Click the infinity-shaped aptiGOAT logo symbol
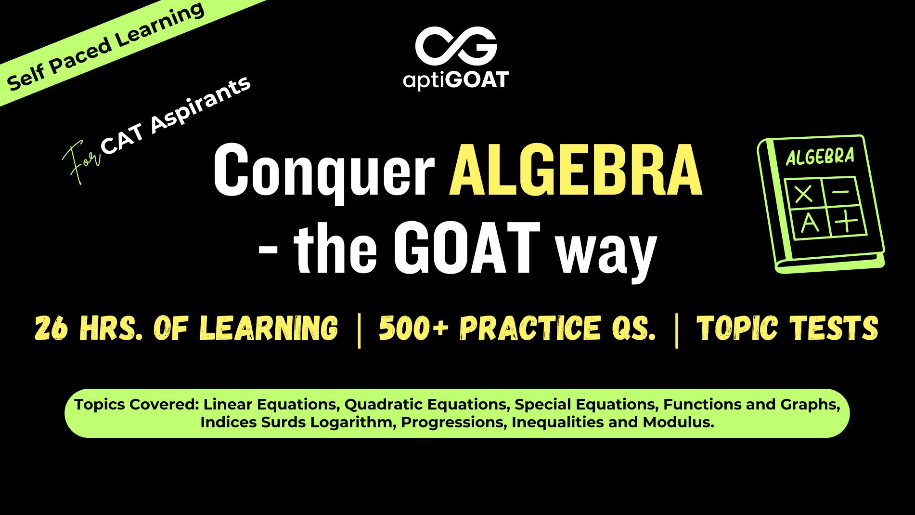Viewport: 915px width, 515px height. pyautogui.click(x=456, y=46)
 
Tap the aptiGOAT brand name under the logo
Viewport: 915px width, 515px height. pyautogui.click(x=456, y=80)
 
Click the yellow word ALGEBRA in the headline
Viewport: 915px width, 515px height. pyautogui.click(x=576, y=171)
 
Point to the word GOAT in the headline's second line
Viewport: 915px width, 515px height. pyautogui.click(x=467, y=249)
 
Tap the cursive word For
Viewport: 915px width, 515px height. pyautogui.click(x=80, y=161)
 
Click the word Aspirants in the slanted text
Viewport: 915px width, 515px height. pyautogui.click(x=200, y=105)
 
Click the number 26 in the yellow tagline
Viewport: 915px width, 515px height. pyautogui.click(x=51, y=329)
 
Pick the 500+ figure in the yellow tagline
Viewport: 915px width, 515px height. pyautogui.click(x=413, y=329)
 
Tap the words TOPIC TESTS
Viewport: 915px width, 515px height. pyautogui.click(x=787, y=329)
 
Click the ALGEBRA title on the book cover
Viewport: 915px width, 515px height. pyautogui.click(x=820, y=157)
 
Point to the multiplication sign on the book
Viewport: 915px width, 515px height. pyautogui.click(x=803, y=194)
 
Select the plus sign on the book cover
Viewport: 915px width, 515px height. pyautogui.click(x=846, y=222)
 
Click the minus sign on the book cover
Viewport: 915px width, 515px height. pyautogui.click(x=840, y=192)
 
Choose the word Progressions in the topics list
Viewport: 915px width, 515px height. pyautogui.click(x=454, y=423)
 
